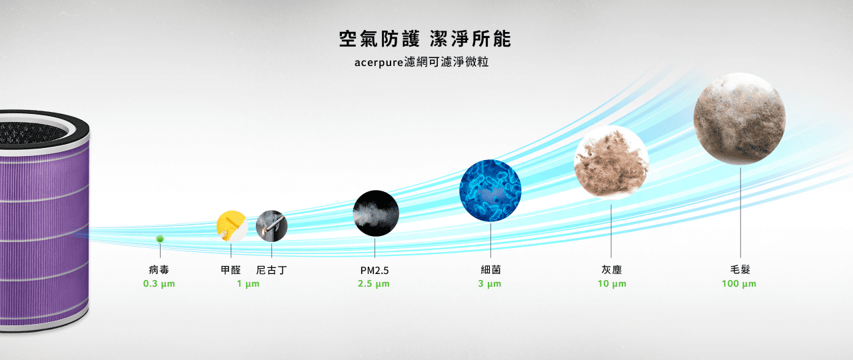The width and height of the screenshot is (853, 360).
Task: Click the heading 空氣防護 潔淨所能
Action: pos(425,39)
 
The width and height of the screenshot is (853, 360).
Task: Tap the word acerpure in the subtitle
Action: pos(379,63)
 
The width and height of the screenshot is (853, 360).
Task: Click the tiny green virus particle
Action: pos(160,239)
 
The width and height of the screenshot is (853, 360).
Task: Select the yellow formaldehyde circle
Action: pos(232,226)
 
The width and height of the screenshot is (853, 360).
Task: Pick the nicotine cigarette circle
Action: pos(271,226)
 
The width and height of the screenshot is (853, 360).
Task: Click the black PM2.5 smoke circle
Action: pos(376,213)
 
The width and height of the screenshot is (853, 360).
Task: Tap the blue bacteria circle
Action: pos(490,191)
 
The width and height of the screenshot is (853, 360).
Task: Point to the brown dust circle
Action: pos(611,162)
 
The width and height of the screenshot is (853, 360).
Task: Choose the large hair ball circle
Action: pos(740,119)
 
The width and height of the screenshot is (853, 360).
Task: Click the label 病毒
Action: pos(159,270)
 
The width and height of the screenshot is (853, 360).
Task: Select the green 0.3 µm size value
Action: pos(159,284)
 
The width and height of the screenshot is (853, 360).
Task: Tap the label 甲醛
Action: pos(231,270)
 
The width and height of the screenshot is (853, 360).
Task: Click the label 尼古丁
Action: pos(271,270)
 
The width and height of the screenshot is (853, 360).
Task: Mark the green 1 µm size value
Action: pos(248,284)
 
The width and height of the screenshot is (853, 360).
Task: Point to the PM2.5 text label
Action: pos(375,271)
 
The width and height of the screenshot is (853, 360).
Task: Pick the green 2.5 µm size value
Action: pos(374,284)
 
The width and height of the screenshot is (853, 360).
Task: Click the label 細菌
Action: pos(490,270)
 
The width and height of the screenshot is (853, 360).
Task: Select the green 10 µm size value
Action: pos(612,284)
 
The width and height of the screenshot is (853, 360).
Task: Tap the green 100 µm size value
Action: pos(739,284)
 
